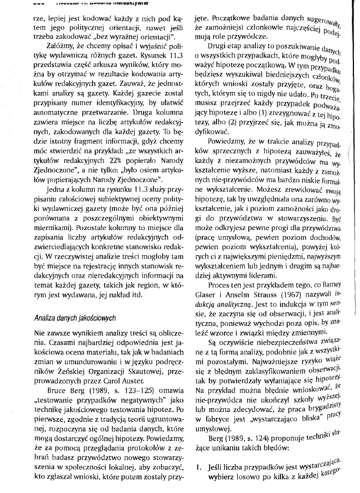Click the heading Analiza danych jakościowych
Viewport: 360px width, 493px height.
coord(75,317)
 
